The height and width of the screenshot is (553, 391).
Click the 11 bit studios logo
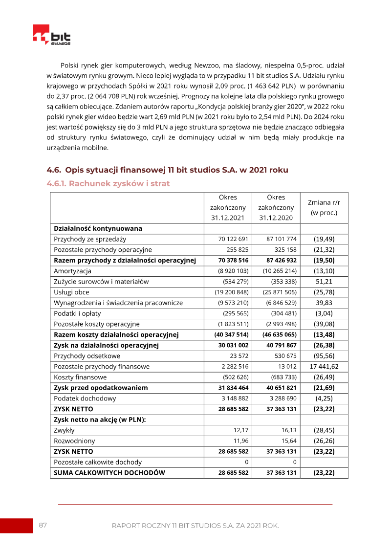point(51,35)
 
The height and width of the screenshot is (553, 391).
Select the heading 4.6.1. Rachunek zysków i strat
point(108,184)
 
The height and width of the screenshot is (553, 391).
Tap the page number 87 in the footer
point(43,525)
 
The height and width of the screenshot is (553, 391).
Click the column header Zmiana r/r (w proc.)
point(324,207)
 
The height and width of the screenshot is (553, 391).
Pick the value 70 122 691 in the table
point(234,239)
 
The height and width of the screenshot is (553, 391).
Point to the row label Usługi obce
point(72,292)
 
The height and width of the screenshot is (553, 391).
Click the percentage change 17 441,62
point(324,367)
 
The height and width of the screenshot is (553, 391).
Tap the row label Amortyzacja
point(73,271)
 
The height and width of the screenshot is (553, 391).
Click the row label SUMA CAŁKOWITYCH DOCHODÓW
point(109,473)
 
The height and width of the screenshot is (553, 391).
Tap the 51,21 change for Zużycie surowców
point(324,282)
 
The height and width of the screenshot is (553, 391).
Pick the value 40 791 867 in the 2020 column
point(282,345)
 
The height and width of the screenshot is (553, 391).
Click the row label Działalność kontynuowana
point(98,228)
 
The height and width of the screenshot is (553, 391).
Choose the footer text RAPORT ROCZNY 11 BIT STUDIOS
point(195,526)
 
